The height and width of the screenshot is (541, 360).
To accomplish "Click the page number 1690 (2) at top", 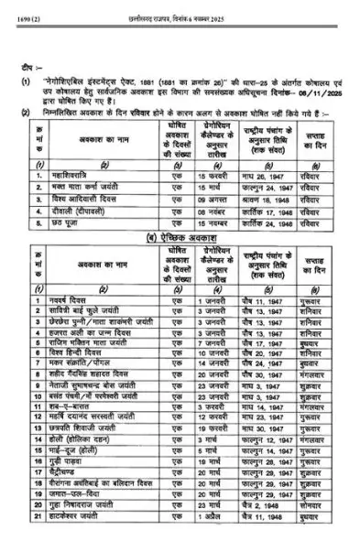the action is [x=21, y=7].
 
